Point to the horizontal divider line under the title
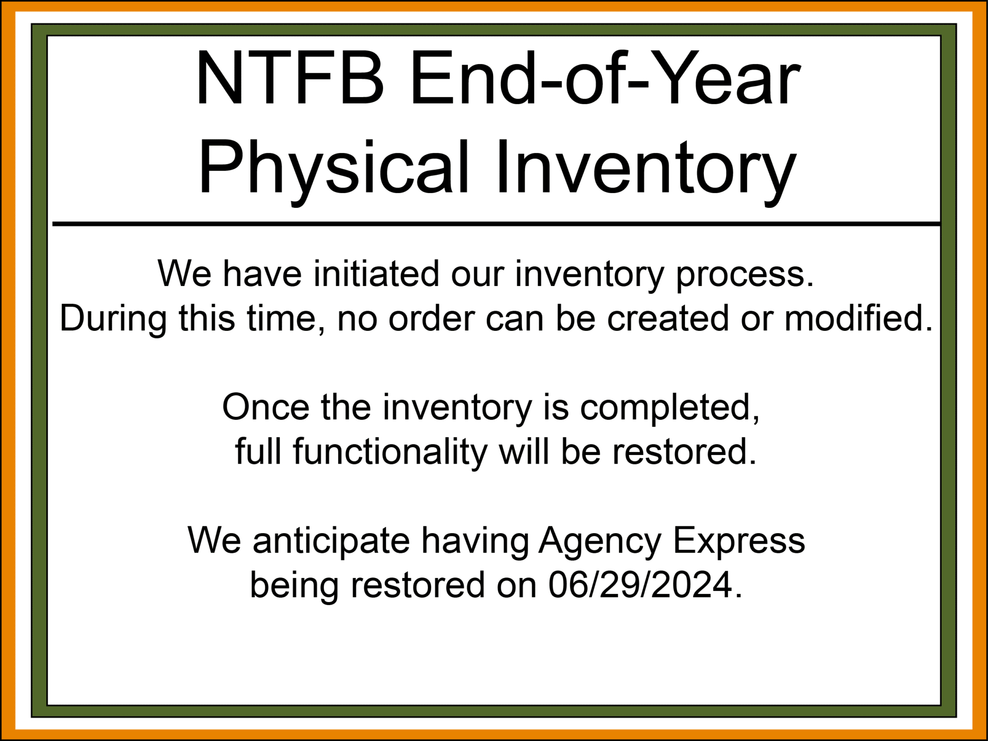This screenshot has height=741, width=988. (496, 224)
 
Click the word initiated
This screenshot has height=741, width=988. (376, 274)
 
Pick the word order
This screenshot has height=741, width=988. (431, 318)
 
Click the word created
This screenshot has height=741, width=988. (668, 318)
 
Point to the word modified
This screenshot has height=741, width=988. (859, 318)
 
